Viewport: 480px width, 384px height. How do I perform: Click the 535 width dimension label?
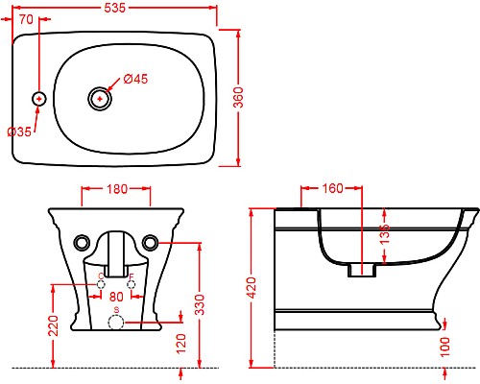123,8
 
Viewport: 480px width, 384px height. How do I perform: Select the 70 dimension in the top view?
27,18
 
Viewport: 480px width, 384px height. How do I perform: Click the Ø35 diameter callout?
18,131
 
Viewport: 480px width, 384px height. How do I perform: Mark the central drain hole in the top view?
100,98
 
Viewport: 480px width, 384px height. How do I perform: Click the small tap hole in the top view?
39,98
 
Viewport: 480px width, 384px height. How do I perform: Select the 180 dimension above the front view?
116,190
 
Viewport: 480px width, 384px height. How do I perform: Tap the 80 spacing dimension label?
117,297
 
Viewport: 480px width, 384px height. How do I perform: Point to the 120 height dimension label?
183,343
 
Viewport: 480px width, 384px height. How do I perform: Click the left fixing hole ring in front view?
84,240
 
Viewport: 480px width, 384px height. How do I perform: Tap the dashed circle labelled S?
116,324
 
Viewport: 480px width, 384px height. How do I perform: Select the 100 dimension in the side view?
446,345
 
